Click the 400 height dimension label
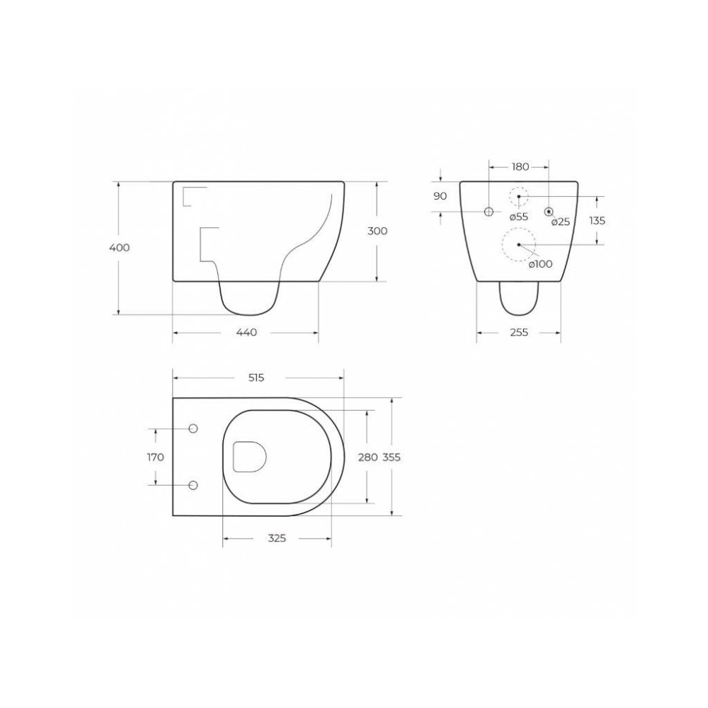119,247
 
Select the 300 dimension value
377,232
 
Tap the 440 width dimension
246,332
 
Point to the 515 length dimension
256,377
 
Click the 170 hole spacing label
155,457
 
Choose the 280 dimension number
367,457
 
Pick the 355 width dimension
392,457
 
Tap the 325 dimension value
277,538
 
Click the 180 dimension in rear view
520,166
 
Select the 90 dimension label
440,196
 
